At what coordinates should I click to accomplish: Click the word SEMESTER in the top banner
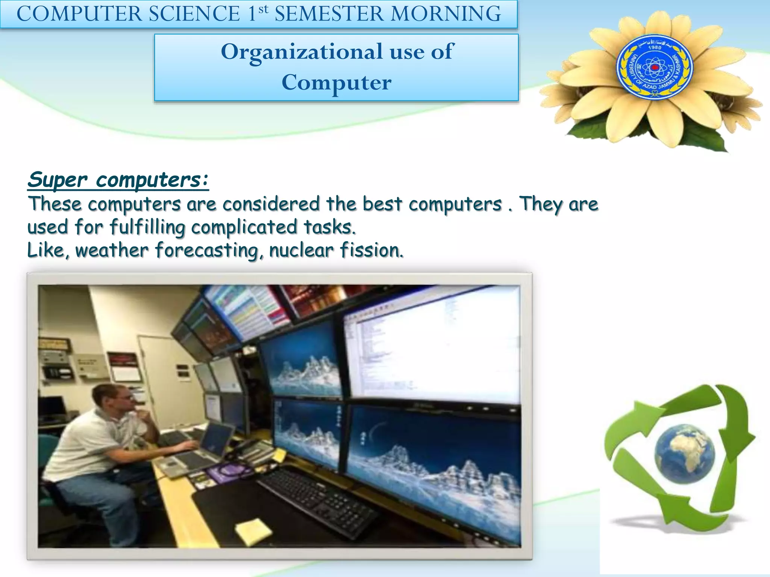coord(329,14)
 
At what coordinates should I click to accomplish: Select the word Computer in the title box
coord(336,83)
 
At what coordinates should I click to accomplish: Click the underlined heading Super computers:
coord(118,180)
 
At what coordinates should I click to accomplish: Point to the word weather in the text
coord(112,250)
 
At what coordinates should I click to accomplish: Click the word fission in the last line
coord(371,250)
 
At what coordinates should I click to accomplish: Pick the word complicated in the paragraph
coord(244,227)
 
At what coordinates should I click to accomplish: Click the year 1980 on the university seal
coord(655,48)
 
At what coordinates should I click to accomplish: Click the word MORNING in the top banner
coord(446,14)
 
